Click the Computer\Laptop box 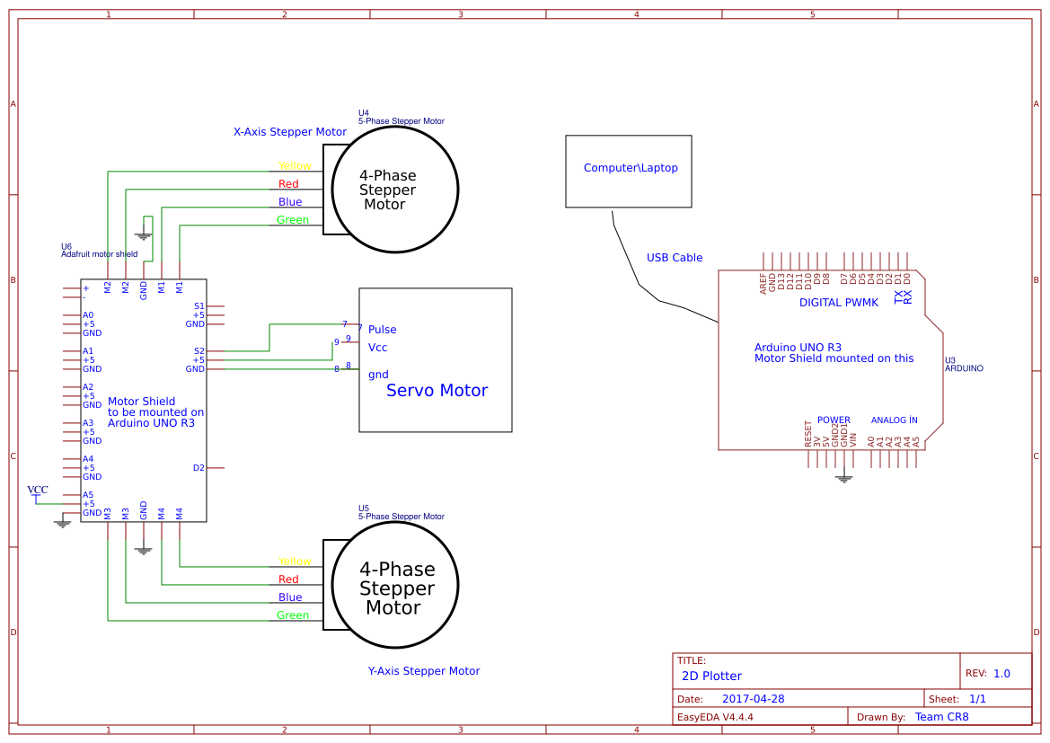629,171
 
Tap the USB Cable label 675,258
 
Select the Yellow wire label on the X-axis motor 295,166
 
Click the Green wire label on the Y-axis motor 293,615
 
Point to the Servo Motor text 437,391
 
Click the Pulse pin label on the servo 382,330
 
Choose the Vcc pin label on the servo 378,348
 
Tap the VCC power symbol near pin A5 38,491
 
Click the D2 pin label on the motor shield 199,468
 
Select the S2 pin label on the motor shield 199,351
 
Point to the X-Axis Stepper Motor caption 290,132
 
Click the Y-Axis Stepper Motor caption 424,671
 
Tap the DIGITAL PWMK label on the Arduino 839,303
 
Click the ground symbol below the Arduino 843,479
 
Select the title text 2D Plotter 711,676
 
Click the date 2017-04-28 754,699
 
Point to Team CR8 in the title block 941,717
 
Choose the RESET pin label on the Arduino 808,433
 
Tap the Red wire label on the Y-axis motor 288,579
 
